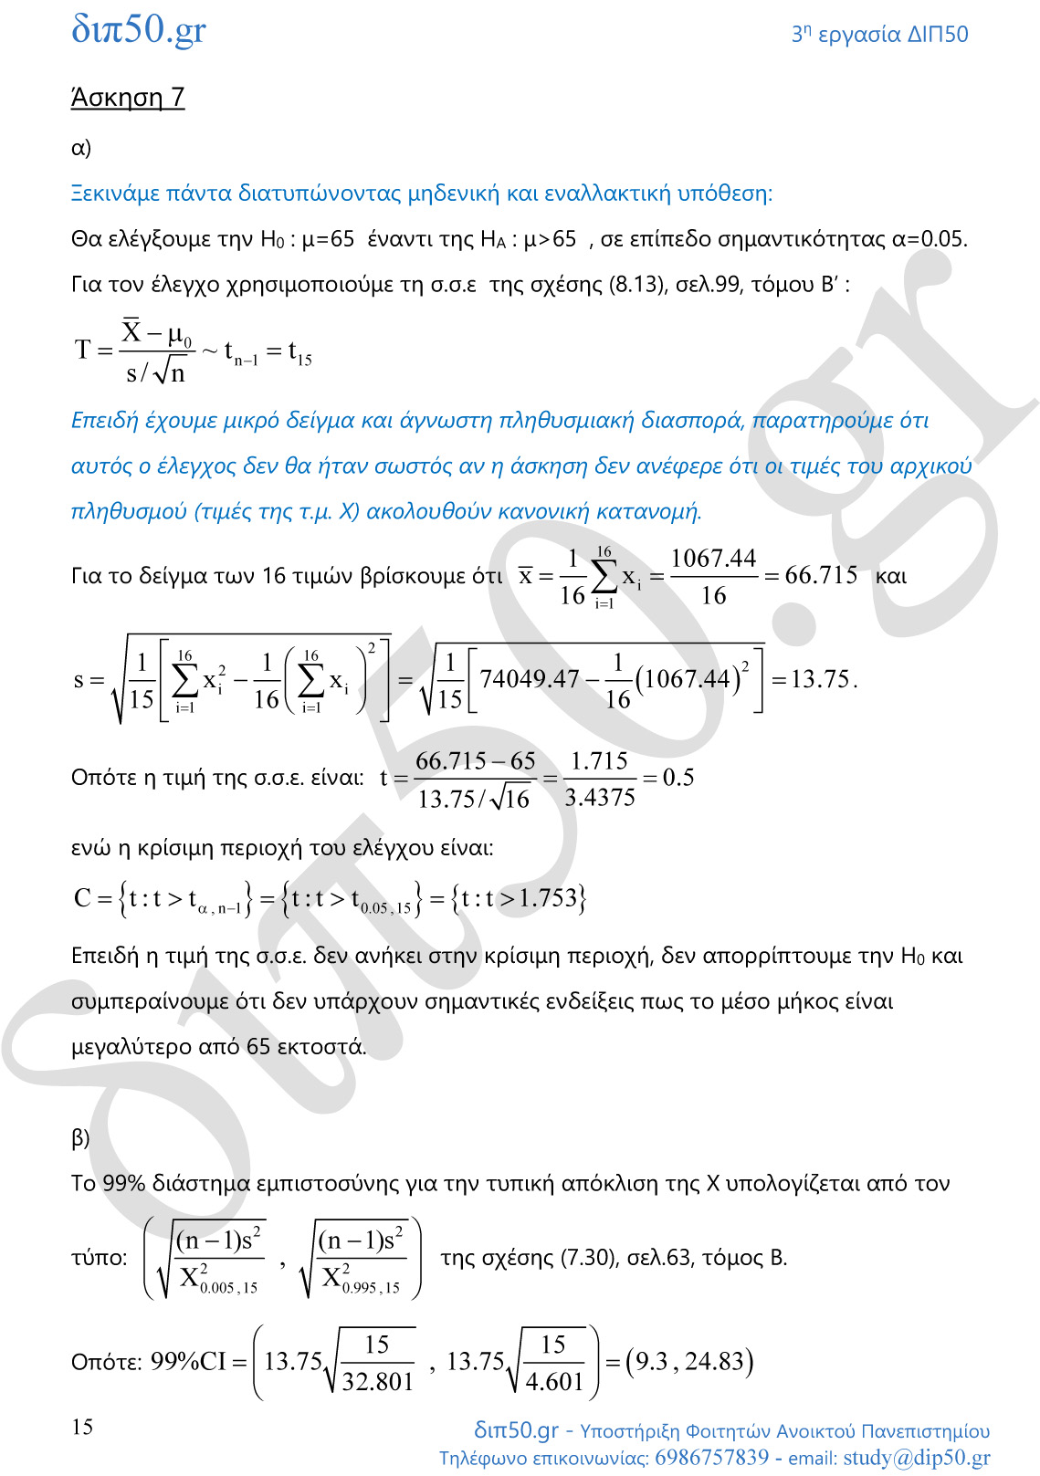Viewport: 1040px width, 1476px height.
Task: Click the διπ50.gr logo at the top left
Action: (x=139, y=30)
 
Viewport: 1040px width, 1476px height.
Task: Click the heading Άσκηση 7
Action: (x=128, y=98)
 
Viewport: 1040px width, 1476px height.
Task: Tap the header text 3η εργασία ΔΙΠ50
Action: (x=879, y=35)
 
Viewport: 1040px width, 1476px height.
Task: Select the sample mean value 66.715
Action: (x=821, y=575)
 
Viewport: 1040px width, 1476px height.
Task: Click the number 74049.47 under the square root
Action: (x=530, y=679)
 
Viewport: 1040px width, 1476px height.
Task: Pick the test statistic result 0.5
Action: (x=678, y=778)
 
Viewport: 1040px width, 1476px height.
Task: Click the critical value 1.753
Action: (x=548, y=899)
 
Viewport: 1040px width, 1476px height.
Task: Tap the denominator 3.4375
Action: (x=600, y=798)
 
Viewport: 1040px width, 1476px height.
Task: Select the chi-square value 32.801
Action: (x=378, y=1382)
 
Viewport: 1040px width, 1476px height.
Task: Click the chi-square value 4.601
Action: (x=553, y=1382)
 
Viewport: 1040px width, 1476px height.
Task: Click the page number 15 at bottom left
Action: (x=82, y=1427)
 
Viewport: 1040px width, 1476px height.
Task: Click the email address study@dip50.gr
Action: (x=916, y=1457)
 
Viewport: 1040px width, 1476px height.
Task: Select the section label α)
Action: (x=81, y=148)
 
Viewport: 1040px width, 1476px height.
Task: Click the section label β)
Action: (x=81, y=1138)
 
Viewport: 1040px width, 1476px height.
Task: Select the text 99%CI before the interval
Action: (x=188, y=1362)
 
